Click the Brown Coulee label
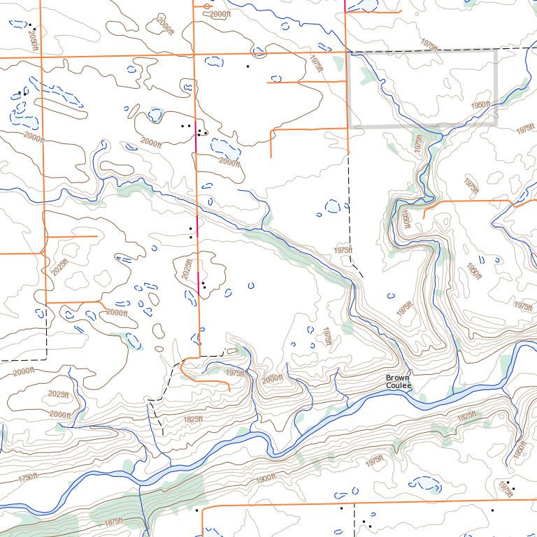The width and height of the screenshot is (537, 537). point(399,382)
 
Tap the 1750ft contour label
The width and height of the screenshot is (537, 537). point(28,478)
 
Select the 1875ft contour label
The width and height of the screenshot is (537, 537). point(112,521)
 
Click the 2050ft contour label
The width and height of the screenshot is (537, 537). point(31,38)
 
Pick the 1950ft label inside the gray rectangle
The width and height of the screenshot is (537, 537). point(480,105)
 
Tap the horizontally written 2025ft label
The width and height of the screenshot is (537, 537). point(59,394)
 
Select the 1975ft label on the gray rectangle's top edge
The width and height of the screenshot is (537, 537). point(429,43)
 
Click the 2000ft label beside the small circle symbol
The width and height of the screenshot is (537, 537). point(220,13)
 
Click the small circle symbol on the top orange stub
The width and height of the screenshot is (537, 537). point(206,6)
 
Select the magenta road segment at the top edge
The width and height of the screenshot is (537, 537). point(346,4)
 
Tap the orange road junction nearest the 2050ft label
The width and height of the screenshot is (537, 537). point(43,57)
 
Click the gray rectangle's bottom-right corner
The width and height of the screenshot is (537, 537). point(496,125)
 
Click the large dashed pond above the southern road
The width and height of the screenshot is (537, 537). point(425,482)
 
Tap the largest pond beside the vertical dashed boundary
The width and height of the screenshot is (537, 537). point(333,206)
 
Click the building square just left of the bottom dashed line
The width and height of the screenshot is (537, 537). point(341,508)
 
